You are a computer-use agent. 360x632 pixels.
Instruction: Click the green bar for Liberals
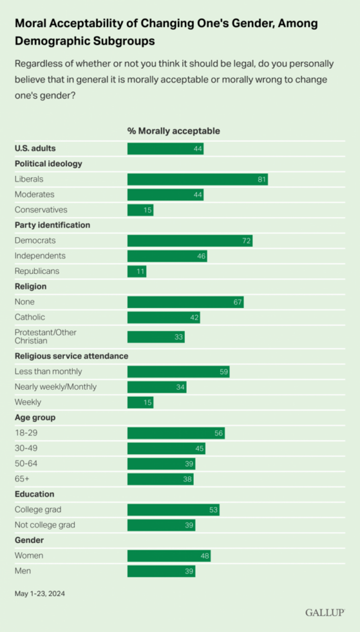click(x=197, y=179)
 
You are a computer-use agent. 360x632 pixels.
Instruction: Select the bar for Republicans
click(x=136, y=271)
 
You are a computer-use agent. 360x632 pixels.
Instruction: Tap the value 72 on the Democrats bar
click(x=247, y=240)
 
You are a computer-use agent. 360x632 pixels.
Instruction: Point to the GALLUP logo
click(x=325, y=612)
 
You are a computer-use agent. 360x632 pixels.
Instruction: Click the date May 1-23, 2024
click(x=40, y=594)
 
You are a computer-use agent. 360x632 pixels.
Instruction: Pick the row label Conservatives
click(x=41, y=210)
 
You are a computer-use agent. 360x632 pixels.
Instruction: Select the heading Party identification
click(x=53, y=225)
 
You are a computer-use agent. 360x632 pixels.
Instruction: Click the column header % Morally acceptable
click(x=173, y=131)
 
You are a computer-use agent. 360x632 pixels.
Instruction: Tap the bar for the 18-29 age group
click(x=176, y=433)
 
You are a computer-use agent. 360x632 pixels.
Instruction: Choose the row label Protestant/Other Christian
click(x=45, y=337)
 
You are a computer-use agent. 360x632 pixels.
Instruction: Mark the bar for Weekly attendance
click(x=140, y=402)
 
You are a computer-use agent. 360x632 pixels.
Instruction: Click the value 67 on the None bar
click(x=238, y=302)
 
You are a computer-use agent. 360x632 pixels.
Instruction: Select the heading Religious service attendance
click(x=71, y=356)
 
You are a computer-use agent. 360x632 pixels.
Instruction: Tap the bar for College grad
click(x=173, y=509)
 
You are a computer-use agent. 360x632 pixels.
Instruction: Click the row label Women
click(x=29, y=555)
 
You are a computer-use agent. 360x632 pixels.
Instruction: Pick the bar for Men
click(x=161, y=571)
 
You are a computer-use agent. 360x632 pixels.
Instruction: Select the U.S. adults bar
click(x=165, y=148)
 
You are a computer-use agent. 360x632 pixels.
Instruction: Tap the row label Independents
click(x=40, y=256)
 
